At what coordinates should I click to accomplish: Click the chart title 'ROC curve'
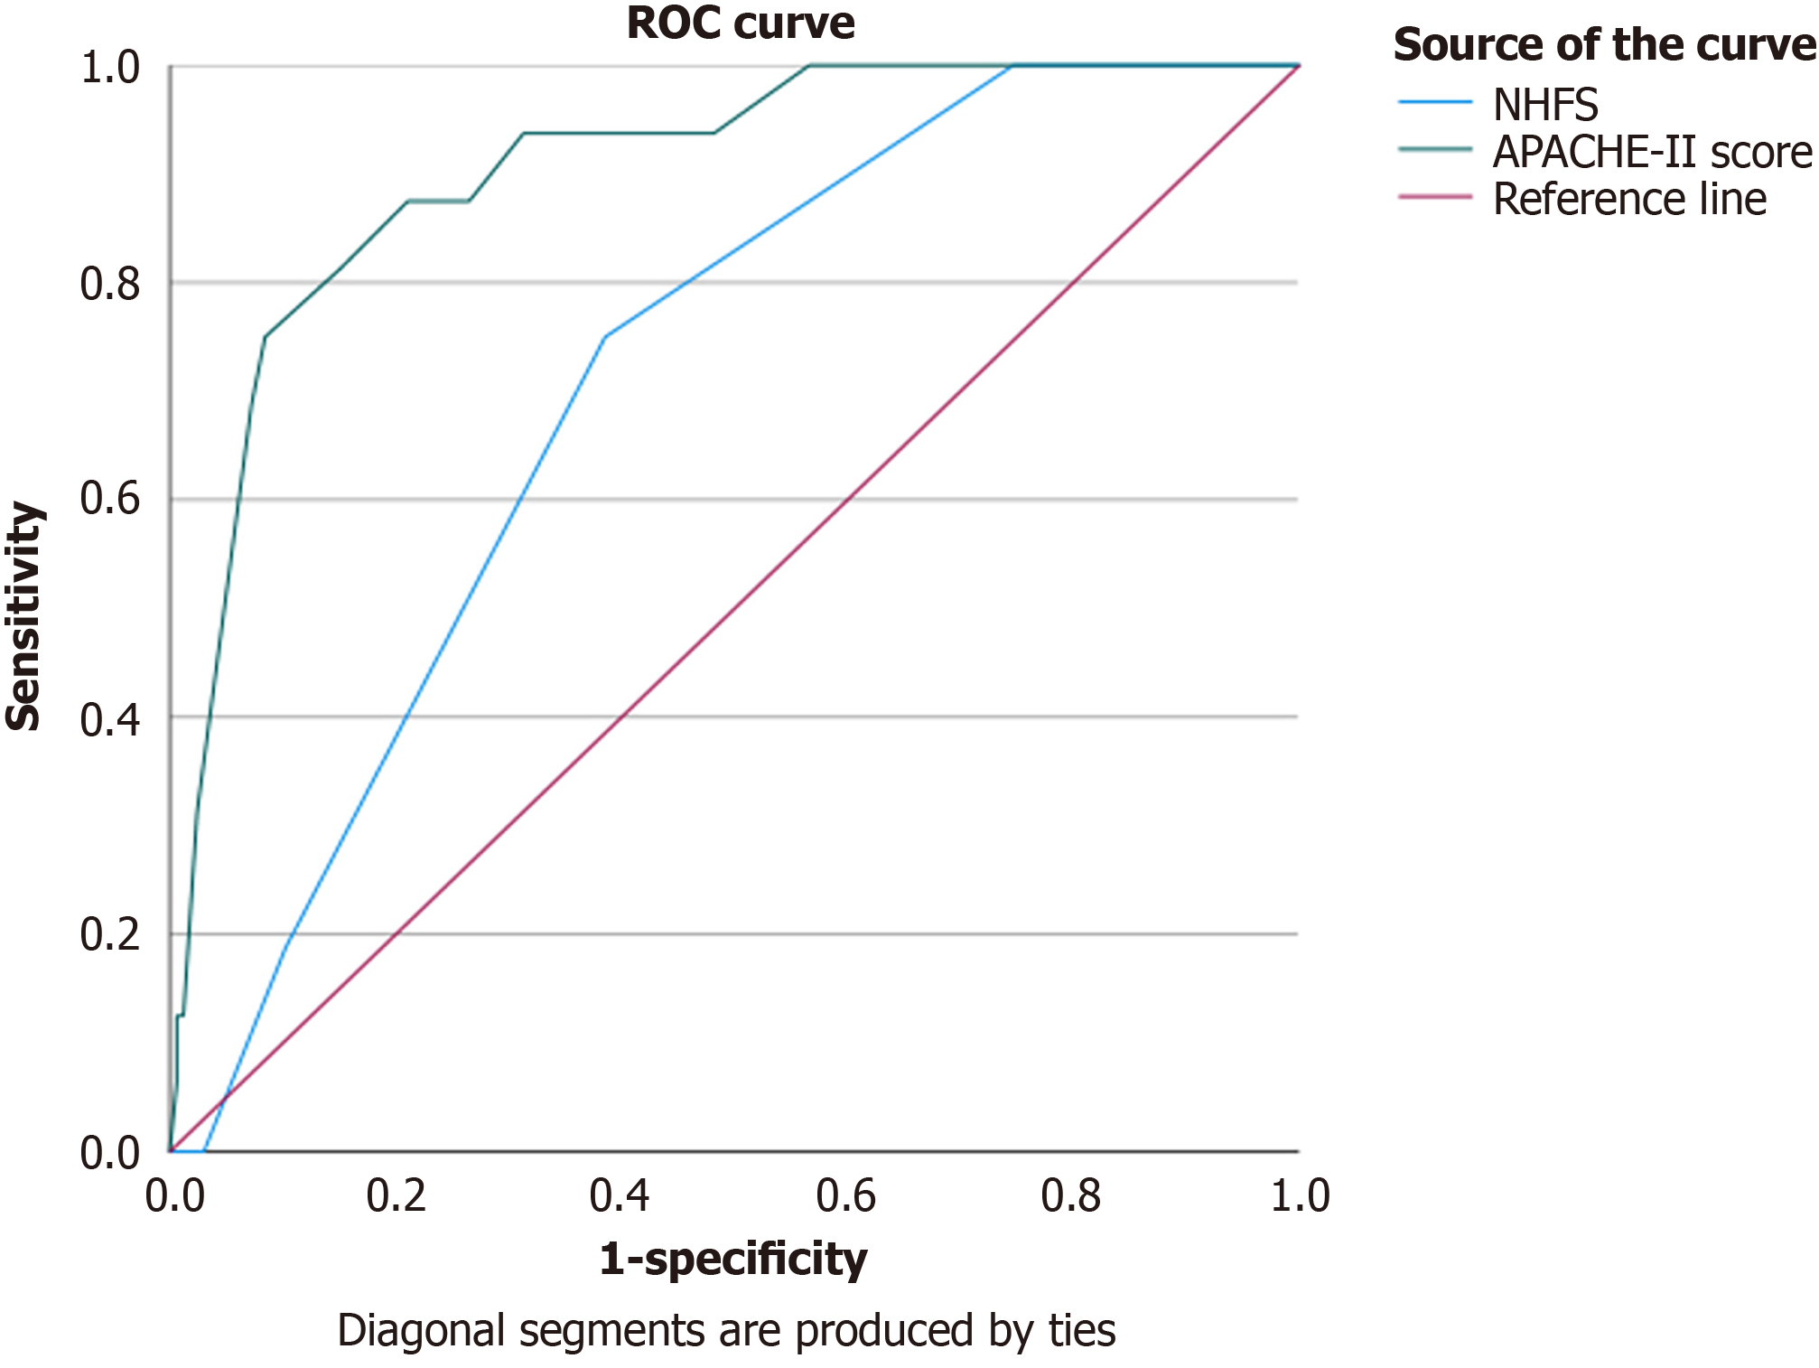[740, 23]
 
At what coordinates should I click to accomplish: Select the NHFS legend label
[1544, 105]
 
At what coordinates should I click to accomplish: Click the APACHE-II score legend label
[1652, 152]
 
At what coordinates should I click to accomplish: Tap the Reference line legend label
[1628, 199]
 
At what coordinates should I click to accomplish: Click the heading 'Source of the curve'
[1604, 45]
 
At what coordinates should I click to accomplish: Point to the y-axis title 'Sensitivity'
[24, 616]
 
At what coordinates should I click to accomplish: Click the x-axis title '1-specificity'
[732, 1258]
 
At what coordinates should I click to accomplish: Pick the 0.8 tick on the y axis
[110, 284]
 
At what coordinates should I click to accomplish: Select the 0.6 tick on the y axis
[110, 499]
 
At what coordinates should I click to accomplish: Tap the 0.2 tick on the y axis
[110, 933]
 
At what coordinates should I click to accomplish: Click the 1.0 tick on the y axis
[110, 68]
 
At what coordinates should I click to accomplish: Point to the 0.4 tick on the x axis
[620, 1195]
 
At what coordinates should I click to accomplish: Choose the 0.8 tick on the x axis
[1070, 1195]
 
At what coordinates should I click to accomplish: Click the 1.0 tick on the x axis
[1300, 1195]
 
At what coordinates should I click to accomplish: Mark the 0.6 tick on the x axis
[845, 1195]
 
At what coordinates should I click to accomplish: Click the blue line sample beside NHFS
[1434, 102]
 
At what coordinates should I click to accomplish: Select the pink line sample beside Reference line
[1434, 196]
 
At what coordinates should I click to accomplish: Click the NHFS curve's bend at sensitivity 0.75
[605, 337]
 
